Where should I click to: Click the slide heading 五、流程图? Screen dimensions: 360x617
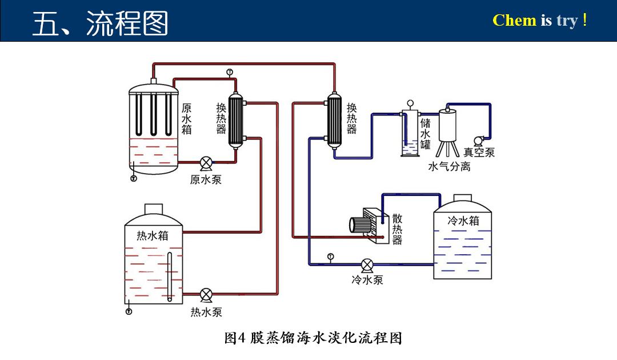100,23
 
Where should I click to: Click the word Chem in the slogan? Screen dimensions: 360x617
514,21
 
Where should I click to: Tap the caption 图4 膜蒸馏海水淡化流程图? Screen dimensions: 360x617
313,338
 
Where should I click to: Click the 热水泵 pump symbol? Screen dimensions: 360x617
206,295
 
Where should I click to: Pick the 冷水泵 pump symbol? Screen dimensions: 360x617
367,265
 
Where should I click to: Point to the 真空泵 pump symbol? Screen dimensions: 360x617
478,141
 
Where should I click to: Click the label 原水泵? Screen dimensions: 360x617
206,180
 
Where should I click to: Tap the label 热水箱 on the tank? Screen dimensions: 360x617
153,235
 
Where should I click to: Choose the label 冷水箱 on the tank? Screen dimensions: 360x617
463,221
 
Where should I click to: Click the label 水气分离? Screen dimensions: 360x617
449,167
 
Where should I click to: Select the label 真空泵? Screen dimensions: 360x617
479,153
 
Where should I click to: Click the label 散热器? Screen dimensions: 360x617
397,229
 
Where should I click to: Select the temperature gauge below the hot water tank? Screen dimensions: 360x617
129,311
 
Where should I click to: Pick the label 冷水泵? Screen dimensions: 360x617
367,280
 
